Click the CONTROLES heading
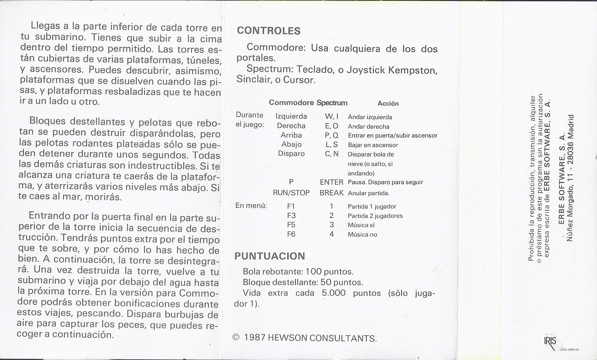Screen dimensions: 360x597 (268, 31)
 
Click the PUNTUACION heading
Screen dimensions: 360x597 (270, 256)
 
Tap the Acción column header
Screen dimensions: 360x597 (388, 104)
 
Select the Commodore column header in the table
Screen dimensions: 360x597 (291, 103)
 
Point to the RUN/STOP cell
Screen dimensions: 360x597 (291, 193)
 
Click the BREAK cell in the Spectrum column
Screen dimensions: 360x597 (331, 193)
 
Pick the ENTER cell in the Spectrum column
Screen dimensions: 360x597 (331, 182)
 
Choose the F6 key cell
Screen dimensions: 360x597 (291, 234)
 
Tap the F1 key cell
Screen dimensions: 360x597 (291, 206)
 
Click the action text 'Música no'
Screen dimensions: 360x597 (362, 235)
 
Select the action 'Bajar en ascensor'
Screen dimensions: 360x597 (373, 145)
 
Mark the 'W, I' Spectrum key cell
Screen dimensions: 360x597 (331, 117)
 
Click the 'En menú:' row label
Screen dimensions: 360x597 (251, 206)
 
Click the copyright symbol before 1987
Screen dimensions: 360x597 (236, 338)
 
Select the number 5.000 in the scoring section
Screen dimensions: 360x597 (334, 293)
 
